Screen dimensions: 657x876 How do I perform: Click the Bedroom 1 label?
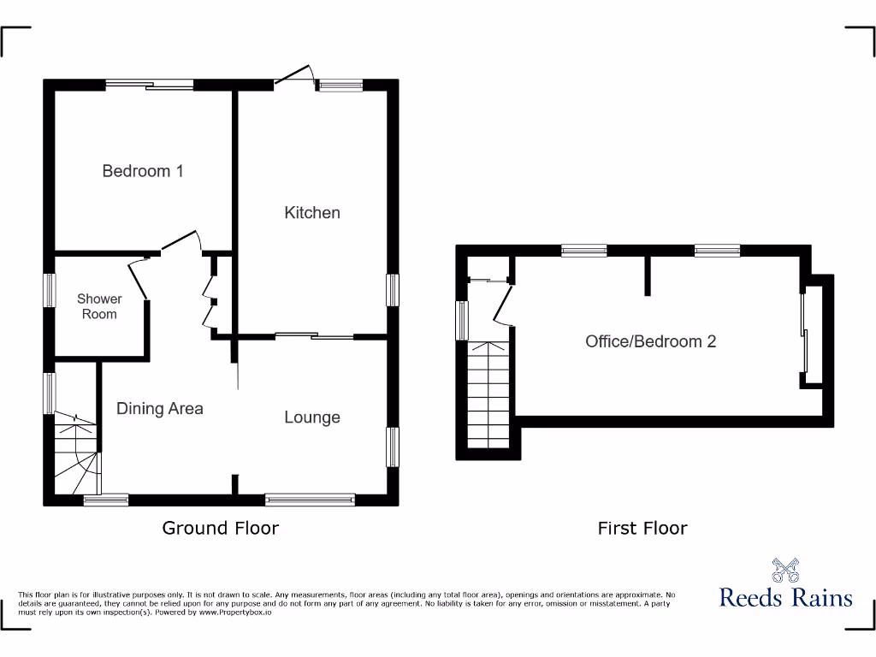click(143, 171)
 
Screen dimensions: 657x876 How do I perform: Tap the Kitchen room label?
click(312, 212)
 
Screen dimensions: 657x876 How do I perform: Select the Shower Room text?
click(99, 306)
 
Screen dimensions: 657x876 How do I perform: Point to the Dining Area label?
click(160, 409)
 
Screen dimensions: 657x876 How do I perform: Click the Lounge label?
click(312, 417)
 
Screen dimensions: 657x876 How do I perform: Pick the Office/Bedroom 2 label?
click(650, 341)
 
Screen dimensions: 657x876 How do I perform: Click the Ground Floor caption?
click(220, 528)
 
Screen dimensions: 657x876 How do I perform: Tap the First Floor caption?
click(642, 529)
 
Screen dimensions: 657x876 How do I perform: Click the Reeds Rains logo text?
click(785, 596)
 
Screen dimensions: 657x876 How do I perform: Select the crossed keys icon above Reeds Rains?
click(784, 570)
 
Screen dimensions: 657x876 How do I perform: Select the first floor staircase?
click(489, 394)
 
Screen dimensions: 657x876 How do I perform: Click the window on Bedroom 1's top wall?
click(150, 84)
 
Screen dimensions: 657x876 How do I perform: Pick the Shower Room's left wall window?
click(50, 291)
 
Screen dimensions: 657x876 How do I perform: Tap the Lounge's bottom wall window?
click(310, 499)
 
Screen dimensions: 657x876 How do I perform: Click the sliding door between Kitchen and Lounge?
click(313, 336)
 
